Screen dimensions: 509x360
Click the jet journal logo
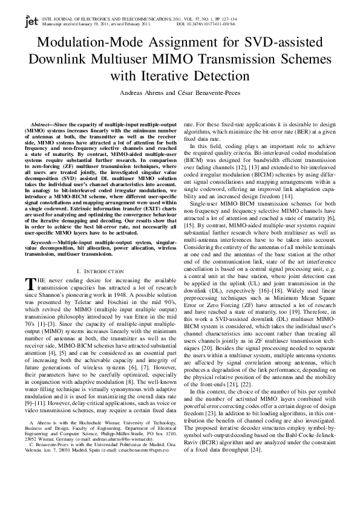[30, 22]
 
